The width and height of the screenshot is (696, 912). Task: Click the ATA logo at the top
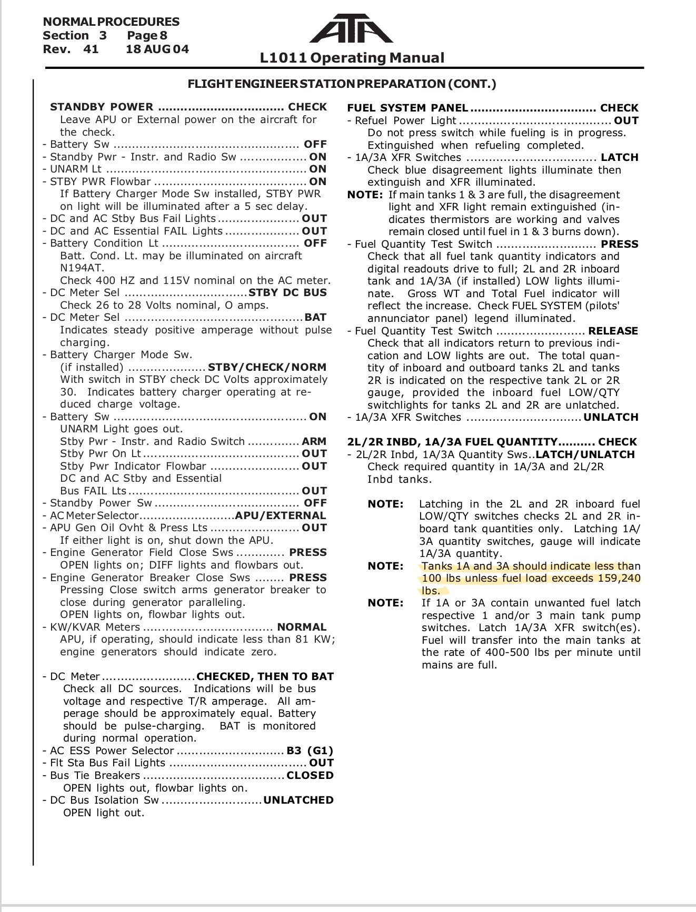click(351, 28)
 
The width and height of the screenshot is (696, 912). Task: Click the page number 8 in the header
click(163, 36)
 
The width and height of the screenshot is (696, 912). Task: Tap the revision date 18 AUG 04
click(157, 49)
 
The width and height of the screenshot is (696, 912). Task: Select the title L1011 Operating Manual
click(352, 58)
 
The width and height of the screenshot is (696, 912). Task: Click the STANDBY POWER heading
click(102, 107)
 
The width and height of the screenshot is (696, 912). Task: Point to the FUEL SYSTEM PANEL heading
click(407, 108)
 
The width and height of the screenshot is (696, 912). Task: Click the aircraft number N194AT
click(82, 268)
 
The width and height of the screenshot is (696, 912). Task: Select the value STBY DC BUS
click(287, 292)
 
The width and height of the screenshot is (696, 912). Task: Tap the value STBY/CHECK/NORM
click(267, 367)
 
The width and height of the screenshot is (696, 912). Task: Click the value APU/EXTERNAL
click(280, 515)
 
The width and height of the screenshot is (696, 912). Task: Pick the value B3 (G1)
click(310, 751)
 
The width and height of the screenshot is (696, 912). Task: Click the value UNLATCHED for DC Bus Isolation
click(298, 800)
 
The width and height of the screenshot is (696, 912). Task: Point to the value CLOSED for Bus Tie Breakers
click(310, 775)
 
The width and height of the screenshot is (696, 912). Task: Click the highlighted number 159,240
click(619, 579)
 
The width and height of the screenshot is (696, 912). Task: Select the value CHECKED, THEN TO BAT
click(265, 676)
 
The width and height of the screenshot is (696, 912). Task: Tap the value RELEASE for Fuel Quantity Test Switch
click(613, 331)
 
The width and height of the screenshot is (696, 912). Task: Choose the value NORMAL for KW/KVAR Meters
click(302, 627)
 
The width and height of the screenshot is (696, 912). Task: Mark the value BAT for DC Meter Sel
click(315, 317)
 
